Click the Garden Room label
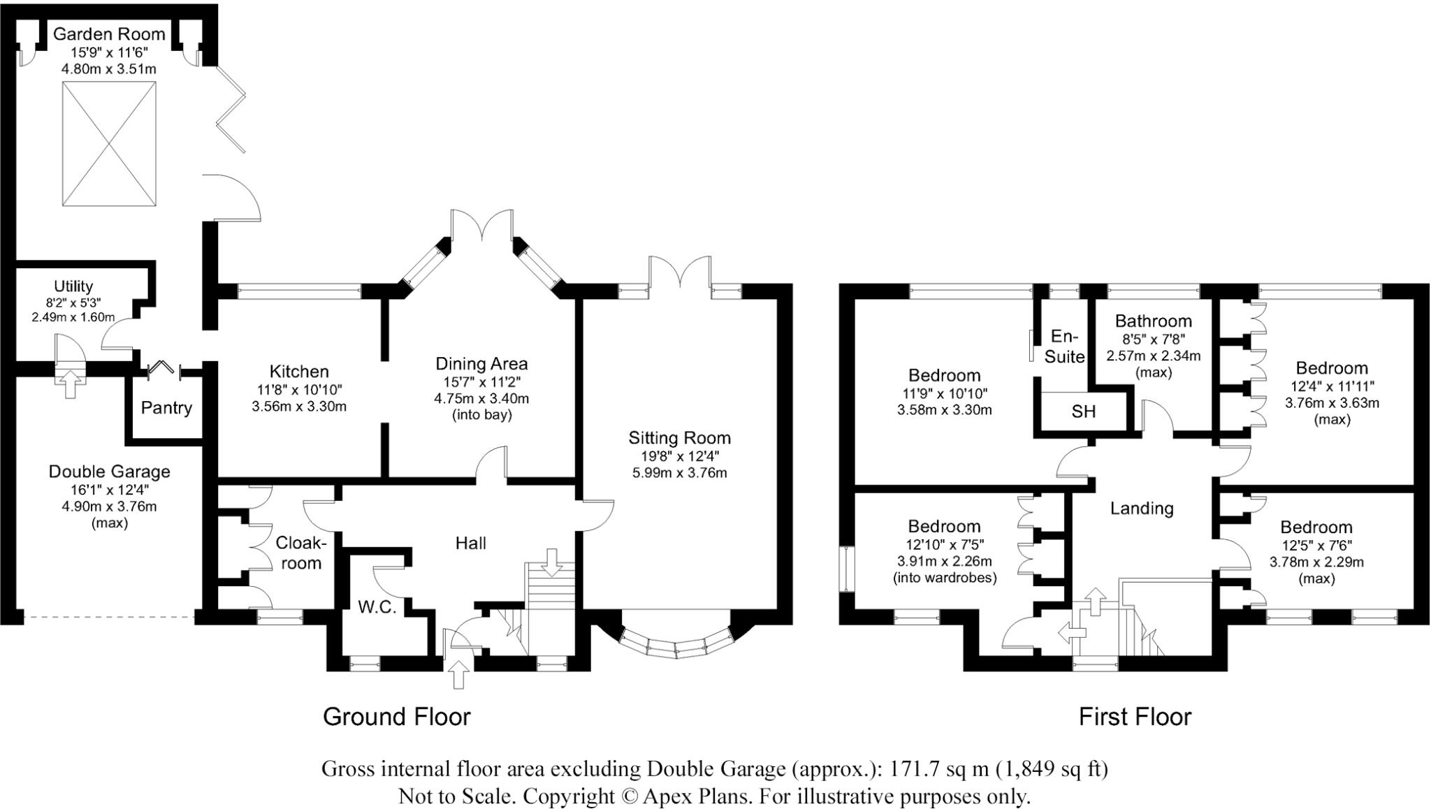point(109,34)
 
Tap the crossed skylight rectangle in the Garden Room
point(109,144)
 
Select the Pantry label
point(166,408)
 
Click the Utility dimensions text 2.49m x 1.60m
point(73,317)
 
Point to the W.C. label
point(377,607)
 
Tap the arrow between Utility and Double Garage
point(70,384)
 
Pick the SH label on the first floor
point(1083,412)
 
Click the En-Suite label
point(1064,347)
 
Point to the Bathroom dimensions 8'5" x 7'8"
point(1153,339)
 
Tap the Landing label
point(1142,509)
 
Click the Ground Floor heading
point(396,717)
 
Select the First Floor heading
point(1135,717)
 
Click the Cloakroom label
point(300,553)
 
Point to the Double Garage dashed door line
point(108,617)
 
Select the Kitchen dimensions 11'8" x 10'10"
point(299,390)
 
